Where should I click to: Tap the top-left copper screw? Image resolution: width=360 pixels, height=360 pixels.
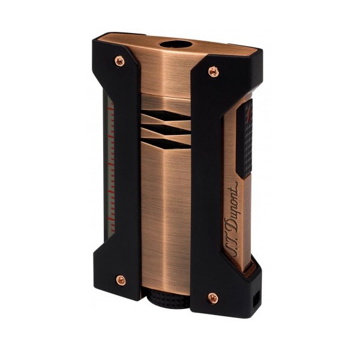tap(119, 61)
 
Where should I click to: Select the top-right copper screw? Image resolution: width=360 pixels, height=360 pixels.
tap(213, 71)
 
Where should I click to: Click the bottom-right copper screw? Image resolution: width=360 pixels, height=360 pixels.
tap(212, 297)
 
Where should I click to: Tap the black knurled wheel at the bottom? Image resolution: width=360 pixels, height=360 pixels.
tap(166, 300)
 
